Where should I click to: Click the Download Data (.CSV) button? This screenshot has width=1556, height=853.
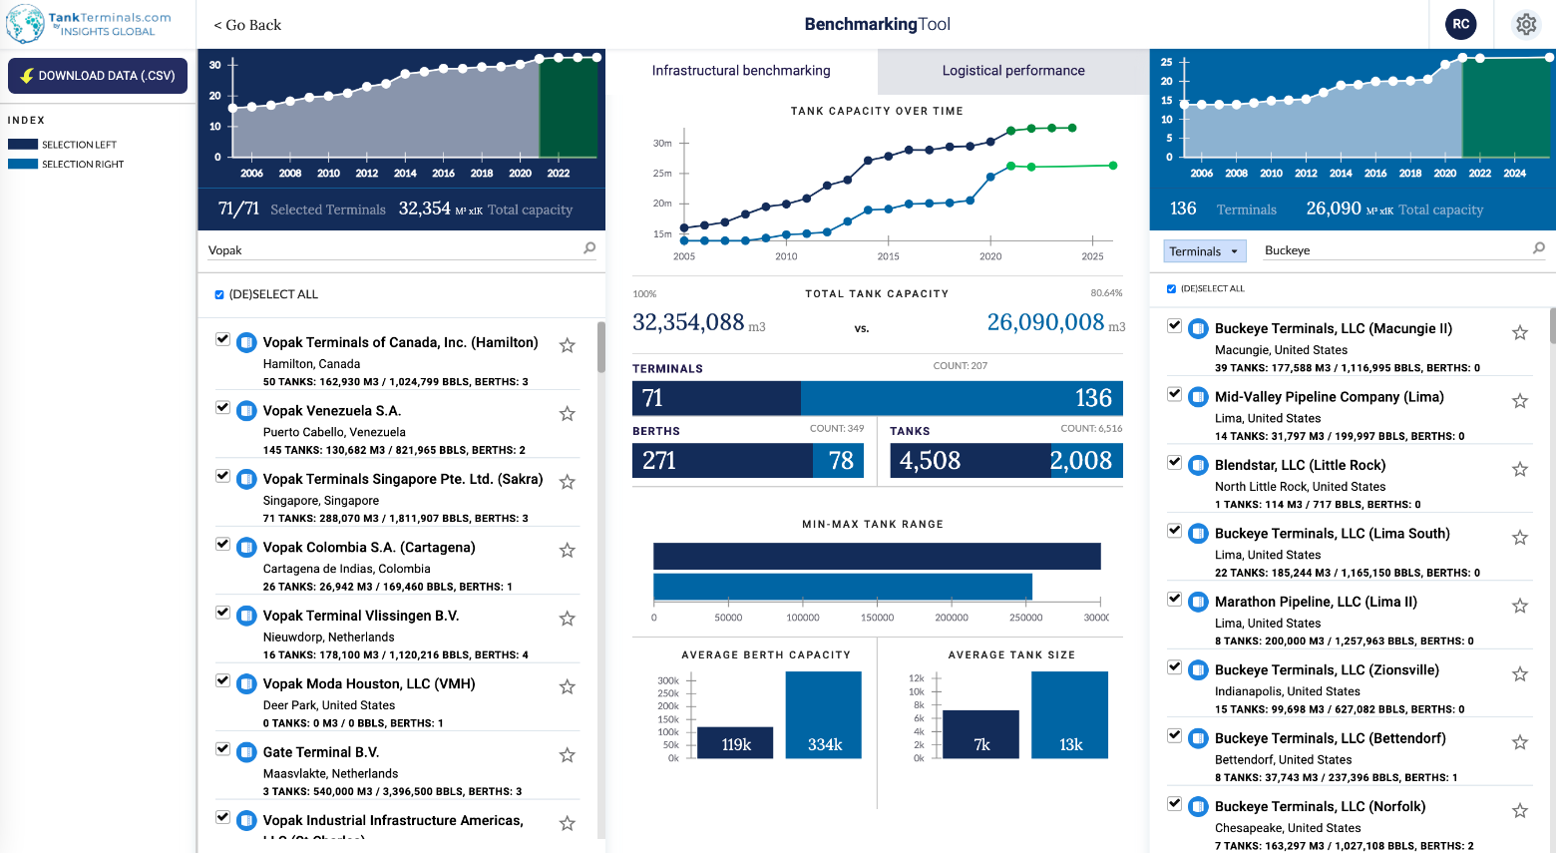98,76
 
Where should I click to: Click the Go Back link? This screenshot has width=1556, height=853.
247,25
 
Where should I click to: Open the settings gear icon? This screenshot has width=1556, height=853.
1526,24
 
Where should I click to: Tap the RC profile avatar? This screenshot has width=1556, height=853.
1460,24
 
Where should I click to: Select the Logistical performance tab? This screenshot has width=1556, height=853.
1012,71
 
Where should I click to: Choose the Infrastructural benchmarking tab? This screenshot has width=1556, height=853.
741,71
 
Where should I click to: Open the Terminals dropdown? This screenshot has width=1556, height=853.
1204,251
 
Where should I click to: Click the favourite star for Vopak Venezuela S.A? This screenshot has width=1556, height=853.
568,413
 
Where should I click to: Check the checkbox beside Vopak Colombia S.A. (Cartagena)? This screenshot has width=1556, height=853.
223,545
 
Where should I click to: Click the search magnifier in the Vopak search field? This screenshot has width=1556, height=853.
589,248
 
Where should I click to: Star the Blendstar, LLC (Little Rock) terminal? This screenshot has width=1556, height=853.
1520,469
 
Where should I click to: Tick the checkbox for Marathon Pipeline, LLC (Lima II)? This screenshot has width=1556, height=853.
1175,600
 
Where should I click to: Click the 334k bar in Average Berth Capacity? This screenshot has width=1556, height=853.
824,715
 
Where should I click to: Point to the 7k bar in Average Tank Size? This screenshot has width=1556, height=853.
981,734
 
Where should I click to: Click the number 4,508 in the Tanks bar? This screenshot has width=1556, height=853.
930,461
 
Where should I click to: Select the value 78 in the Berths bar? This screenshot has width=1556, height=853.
841,461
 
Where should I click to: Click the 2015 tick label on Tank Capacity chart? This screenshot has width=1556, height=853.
888,256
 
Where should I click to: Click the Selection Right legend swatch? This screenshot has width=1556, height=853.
23,165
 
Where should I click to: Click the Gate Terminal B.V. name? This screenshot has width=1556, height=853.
320,752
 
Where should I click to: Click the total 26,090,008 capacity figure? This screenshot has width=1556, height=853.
1045,322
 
